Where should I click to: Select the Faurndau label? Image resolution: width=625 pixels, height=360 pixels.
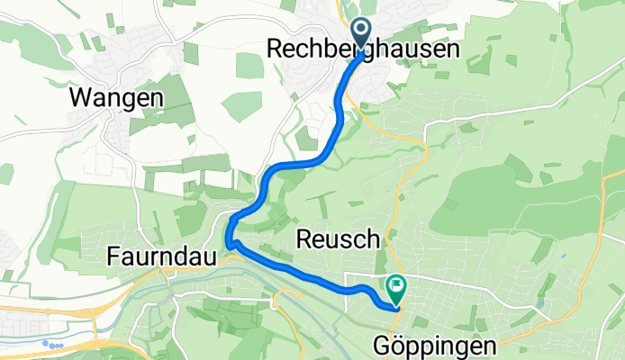click(x=162, y=257)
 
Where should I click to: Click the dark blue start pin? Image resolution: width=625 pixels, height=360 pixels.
click(x=360, y=33)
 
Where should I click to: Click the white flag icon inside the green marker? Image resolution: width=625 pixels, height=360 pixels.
click(x=396, y=287)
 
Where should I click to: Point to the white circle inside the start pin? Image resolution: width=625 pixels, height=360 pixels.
click(x=360, y=31)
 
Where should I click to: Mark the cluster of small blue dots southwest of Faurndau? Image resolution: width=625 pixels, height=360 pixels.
click(x=55, y=344)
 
